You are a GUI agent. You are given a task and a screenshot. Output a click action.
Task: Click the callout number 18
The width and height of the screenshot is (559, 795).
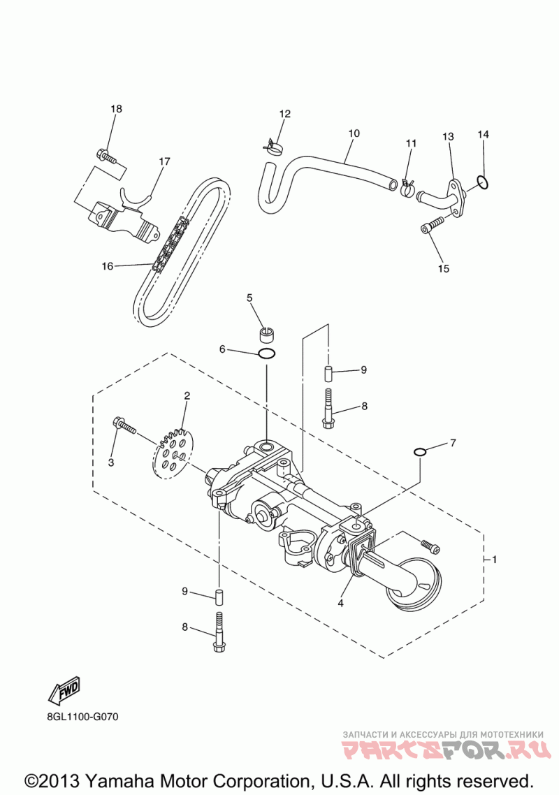[116, 108]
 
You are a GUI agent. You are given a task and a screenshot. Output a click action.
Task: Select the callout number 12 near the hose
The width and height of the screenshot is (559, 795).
[285, 114]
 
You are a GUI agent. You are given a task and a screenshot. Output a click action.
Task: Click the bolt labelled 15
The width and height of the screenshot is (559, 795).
[432, 226]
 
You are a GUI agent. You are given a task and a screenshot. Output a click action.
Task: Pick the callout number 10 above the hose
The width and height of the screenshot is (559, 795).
[354, 133]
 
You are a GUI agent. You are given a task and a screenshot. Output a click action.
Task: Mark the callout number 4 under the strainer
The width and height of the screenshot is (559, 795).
[341, 603]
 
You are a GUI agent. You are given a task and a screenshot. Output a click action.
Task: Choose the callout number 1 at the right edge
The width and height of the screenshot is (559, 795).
[495, 560]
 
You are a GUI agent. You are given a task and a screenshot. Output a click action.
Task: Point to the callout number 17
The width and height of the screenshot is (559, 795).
[164, 161]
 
